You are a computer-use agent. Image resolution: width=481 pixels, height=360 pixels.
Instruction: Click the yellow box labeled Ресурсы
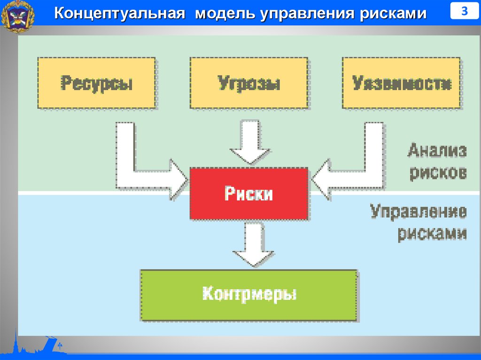[x=96, y=83]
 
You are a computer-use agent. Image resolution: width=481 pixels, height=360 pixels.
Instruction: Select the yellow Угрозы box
[x=249, y=83]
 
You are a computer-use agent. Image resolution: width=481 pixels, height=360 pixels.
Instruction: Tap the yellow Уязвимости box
[x=402, y=83]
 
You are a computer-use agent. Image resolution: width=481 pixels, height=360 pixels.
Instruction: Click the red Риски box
[x=249, y=193]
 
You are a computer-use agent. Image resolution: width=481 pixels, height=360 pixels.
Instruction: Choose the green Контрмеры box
[x=249, y=295]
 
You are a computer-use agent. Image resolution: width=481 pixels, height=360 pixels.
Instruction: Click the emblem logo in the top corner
[x=18, y=17]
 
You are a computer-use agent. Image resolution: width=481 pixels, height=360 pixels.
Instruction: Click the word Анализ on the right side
[x=437, y=151]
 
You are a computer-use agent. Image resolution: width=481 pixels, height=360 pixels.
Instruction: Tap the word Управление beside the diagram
[x=419, y=212]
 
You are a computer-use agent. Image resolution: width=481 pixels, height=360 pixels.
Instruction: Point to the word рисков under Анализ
[x=438, y=172]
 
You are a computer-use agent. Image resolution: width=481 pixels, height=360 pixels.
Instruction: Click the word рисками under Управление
[x=432, y=233]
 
